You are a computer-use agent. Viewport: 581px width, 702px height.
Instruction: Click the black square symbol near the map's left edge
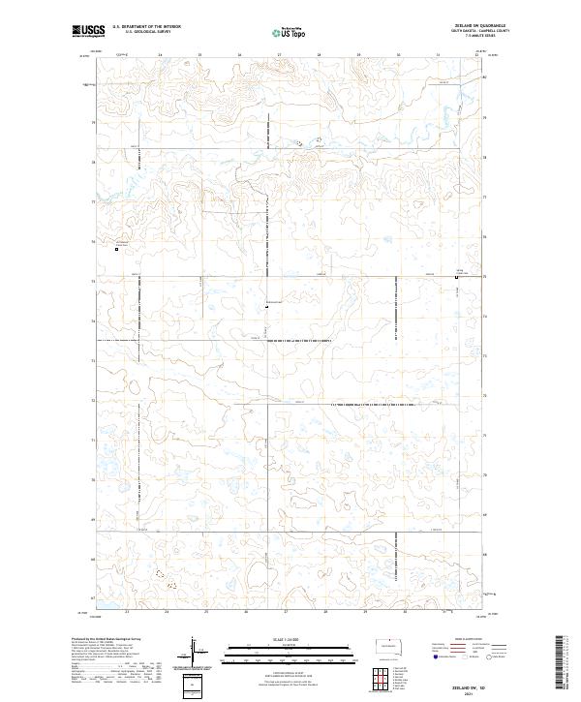pos(117,250)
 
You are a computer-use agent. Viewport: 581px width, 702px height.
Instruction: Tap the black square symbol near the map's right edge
pos(456,278)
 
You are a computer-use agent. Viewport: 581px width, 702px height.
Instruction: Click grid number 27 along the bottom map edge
pos(287,612)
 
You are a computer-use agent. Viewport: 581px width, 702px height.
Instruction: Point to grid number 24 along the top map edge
pos(160,55)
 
